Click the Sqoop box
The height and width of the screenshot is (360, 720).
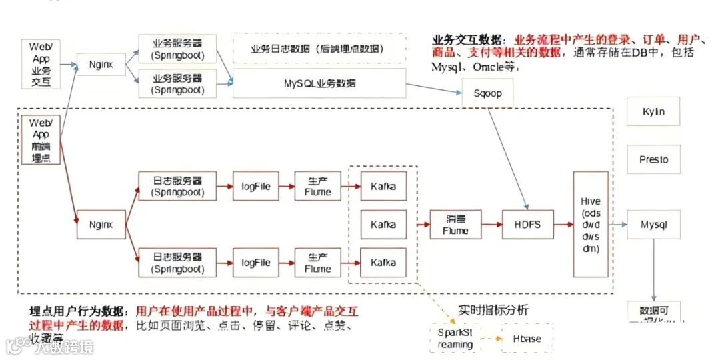[x=488, y=95]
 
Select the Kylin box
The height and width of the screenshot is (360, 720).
[x=653, y=111]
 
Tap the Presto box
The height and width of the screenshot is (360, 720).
[x=653, y=160]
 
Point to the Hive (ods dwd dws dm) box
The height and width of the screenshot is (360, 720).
[x=591, y=224]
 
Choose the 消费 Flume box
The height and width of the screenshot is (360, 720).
[x=455, y=225]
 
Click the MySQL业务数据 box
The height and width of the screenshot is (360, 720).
[x=319, y=83]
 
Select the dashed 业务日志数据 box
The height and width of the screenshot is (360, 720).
[x=319, y=49]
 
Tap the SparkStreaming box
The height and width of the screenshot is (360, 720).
[x=455, y=338]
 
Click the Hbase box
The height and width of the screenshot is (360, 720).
[x=527, y=339]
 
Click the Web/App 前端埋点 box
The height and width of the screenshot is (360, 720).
[x=41, y=139]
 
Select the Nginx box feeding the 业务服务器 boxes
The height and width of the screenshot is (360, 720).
[x=101, y=65]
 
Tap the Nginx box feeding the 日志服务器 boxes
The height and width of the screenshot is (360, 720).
[x=101, y=225]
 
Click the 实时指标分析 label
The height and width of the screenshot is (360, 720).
[x=493, y=309]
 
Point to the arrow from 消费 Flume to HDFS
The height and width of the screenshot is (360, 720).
[x=492, y=225]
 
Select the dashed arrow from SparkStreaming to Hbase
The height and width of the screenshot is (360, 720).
[x=491, y=339]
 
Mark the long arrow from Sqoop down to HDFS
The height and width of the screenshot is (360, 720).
[x=508, y=157]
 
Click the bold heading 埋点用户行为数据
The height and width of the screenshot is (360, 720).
[x=81, y=311]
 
